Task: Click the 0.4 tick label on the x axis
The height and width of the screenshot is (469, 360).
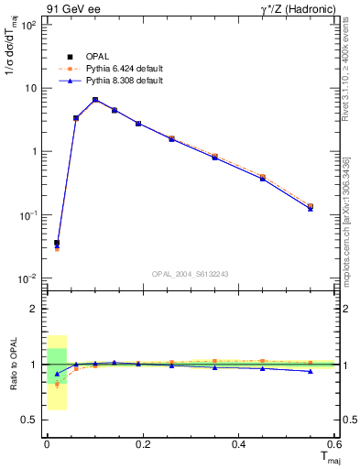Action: tap(240, 444)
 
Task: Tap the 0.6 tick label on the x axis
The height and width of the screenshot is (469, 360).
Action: tap(335, 444)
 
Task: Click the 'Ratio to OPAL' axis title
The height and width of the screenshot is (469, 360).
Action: tap(13, 365)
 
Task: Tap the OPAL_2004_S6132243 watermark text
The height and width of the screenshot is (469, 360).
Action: tap(191, 275)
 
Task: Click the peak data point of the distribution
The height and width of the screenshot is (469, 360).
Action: tap(95, 100)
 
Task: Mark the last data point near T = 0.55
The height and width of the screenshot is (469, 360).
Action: tap(310, 207)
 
